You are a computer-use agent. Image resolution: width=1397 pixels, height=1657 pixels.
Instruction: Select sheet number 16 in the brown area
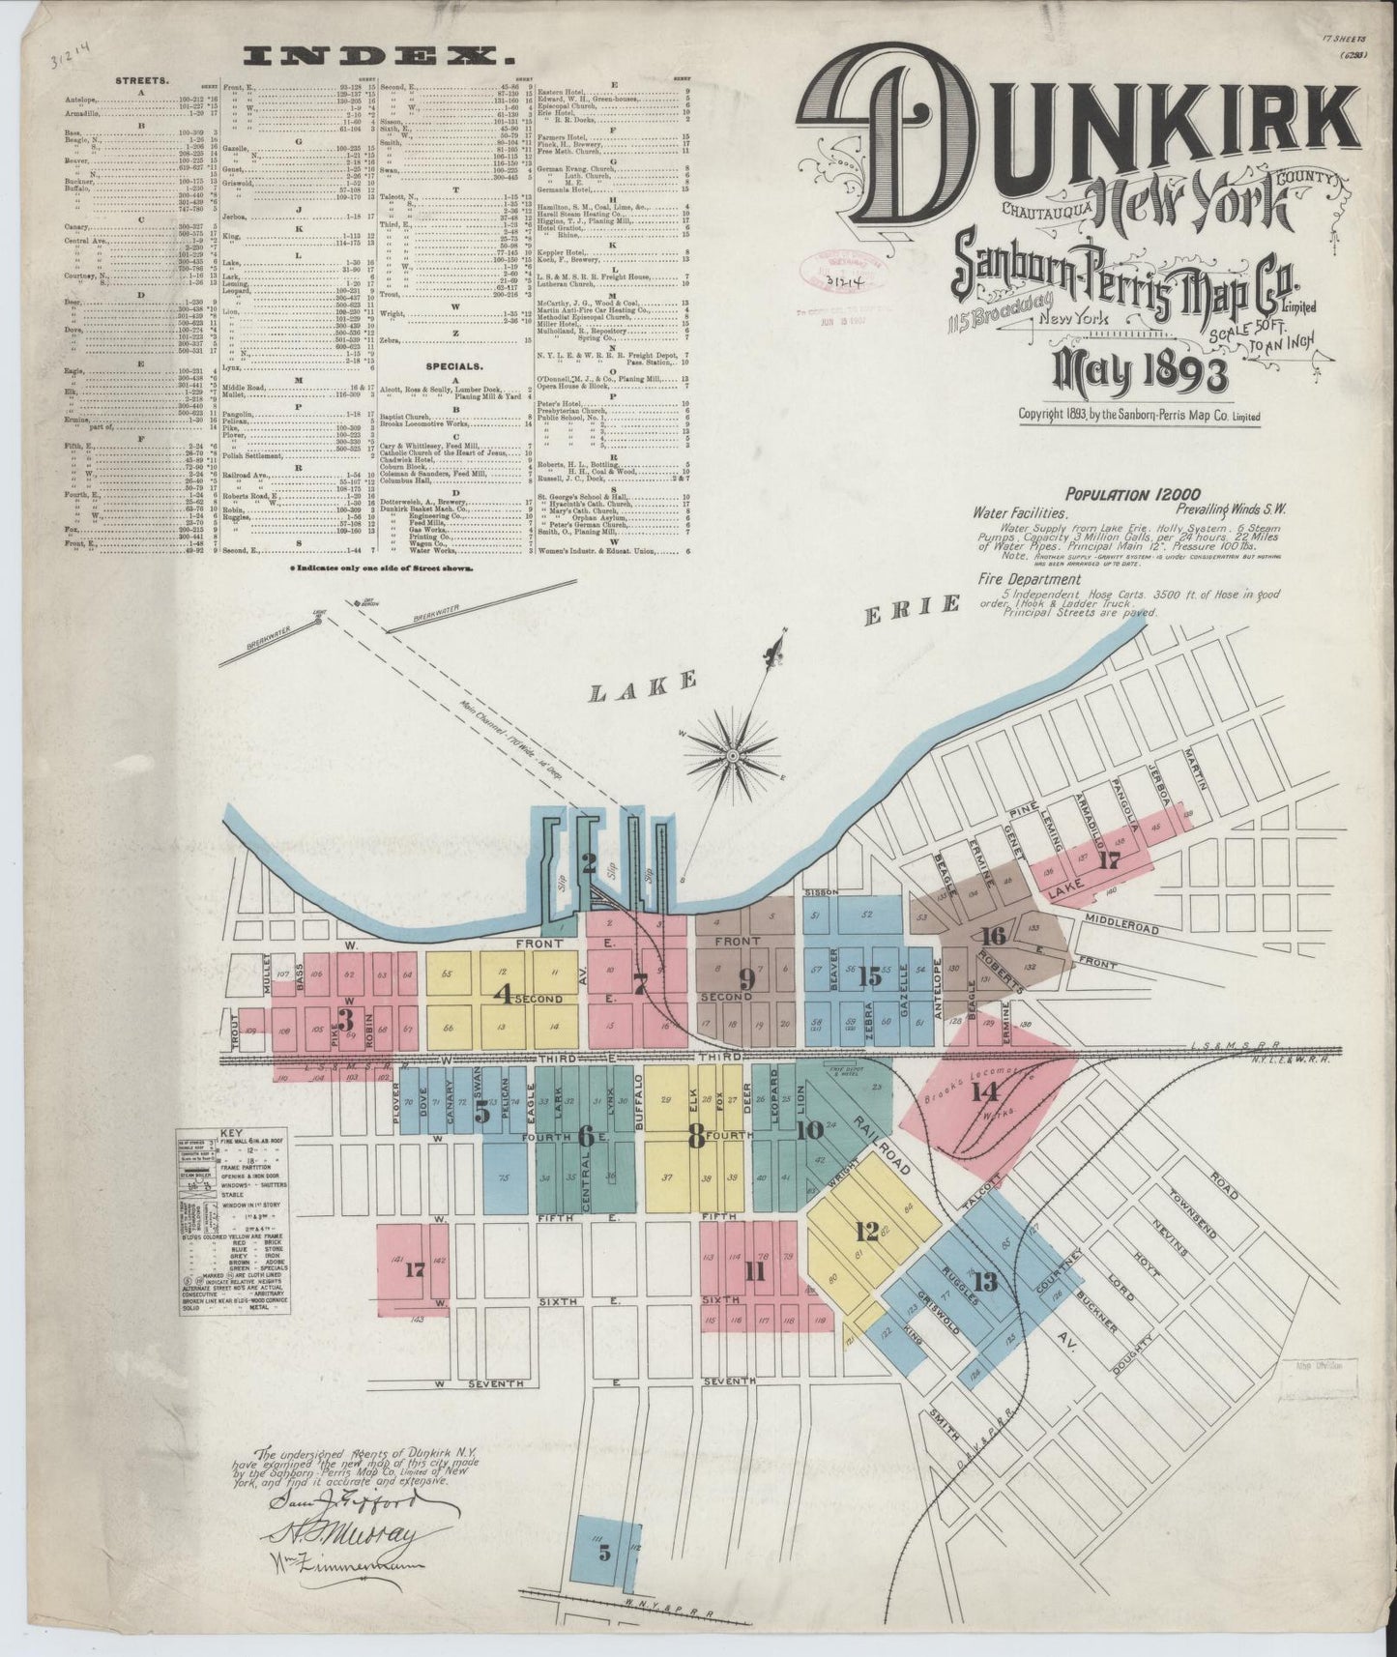(993, 935)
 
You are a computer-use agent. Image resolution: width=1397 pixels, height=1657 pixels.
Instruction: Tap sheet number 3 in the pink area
(344, 1020)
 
